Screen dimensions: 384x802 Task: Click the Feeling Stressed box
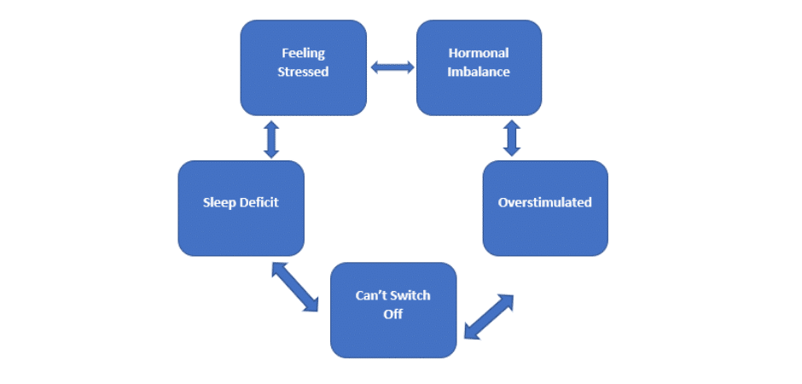coord(303,67)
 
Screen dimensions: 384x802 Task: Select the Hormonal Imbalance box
coord(479,67)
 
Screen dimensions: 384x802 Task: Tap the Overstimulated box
coord(545,208)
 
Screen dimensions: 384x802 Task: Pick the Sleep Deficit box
coord(241,208)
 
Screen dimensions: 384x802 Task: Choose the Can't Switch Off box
coord(393,310)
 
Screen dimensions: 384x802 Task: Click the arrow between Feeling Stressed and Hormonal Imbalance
coord(392,67)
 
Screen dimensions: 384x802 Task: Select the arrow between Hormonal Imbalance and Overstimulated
coord(512,138)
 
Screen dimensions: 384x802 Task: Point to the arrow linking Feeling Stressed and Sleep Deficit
coord(271,139)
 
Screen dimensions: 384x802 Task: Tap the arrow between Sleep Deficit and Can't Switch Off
coord(294,286)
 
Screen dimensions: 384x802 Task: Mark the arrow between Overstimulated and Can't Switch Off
coord(489,317)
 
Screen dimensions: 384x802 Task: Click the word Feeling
coord(303,54)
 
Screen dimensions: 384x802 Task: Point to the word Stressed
coord(303,72)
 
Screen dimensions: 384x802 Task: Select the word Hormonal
coord(479,54)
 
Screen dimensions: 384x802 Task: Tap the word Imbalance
coord(479,72)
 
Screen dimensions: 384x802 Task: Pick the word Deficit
coord(259,203)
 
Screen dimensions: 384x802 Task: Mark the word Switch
coord(413,296)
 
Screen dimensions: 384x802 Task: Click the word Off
coord(392,314)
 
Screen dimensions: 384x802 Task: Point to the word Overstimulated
coord(545,203)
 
